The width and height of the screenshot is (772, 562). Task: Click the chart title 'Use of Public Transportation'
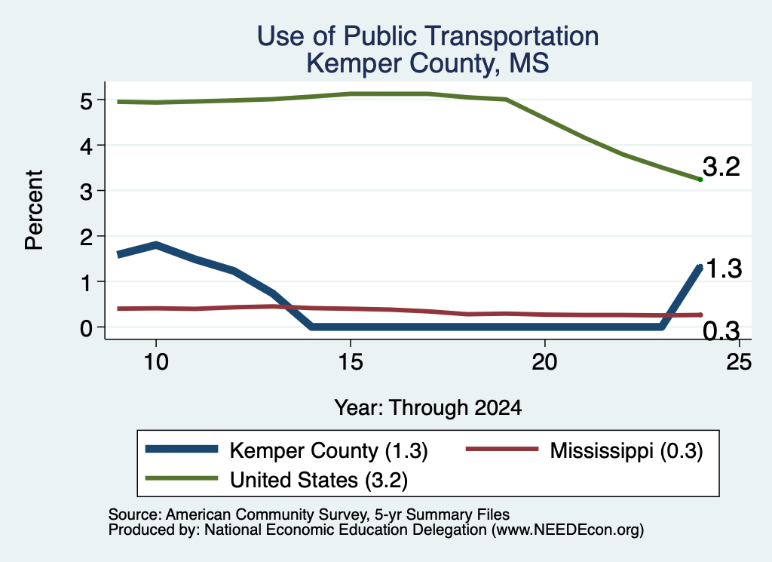(x=428, y=36)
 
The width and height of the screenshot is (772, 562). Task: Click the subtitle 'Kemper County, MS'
(x=428, y=63)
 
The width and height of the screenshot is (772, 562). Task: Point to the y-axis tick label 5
(x=86, y=101)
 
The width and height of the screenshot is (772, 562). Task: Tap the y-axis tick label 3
(x=86, y=192)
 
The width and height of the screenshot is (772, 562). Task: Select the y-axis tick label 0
(x=86, y=328)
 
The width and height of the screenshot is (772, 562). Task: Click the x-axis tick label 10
(x=156, y=362)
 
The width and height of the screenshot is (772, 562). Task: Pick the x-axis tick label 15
(x=351, y=362)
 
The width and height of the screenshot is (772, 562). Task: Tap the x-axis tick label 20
(x=544, y=362)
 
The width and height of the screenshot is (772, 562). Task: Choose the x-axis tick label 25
(x=739, y=362)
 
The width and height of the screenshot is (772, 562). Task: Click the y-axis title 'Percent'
(x=35, y=210)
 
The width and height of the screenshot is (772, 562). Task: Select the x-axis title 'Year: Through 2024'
(x=428, y=408)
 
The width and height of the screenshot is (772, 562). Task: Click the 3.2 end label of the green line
(x=721, y=167)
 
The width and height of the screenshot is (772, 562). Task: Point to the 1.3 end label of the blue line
(x=724, y=269)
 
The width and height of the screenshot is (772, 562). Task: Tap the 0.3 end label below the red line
(x=721, y=331)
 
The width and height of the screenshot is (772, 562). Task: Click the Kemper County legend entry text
(x=329, y=450)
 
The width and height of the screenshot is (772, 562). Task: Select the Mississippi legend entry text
(x=626, y=450)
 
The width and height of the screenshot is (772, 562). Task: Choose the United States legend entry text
(x=319, y=481)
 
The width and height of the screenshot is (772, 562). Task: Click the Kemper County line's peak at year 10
(x=156, y=245)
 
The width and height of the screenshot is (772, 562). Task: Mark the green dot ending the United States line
(x=700, y=180)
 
